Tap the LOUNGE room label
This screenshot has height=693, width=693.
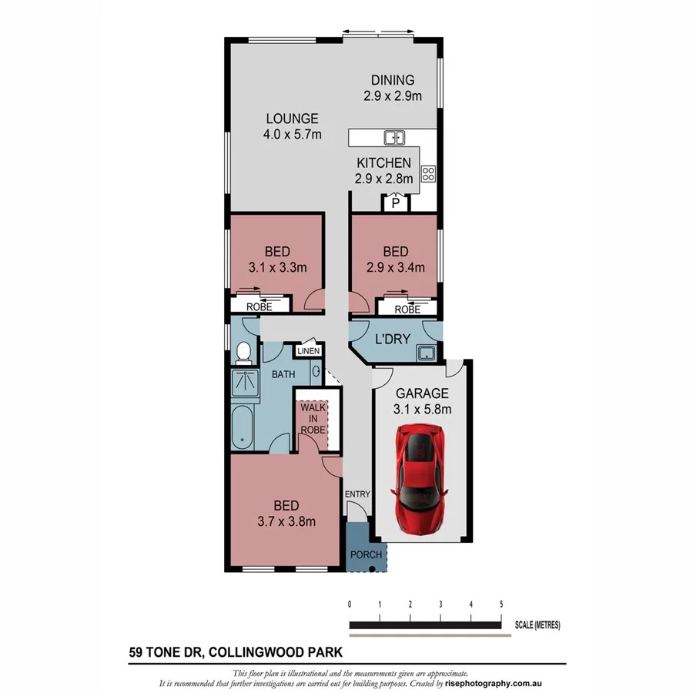point(292,119)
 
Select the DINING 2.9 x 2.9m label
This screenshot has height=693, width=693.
point(393,88)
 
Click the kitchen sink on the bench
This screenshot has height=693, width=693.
point(394,138)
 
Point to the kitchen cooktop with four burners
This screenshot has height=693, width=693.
point(428,174)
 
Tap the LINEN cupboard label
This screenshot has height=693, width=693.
point(308,351)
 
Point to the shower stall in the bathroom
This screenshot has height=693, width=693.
point(246,384)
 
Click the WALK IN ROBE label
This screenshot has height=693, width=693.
point(312,418)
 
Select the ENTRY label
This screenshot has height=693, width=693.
point(358,494)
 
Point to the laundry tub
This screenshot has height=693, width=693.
point(424,353)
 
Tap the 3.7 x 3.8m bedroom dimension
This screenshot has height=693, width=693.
point(286,521)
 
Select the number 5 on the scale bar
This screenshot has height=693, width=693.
point(501,604)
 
